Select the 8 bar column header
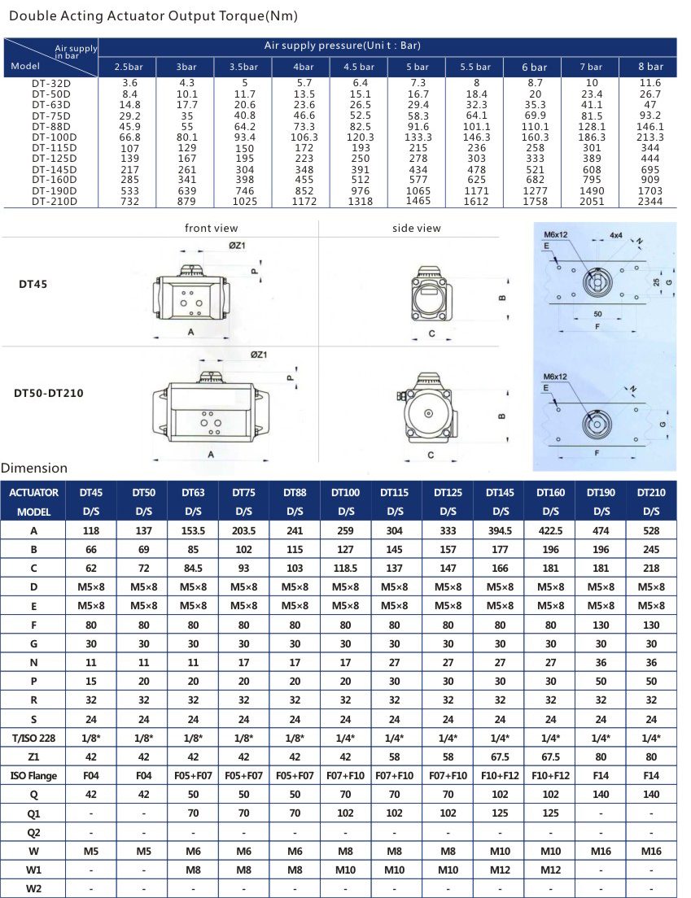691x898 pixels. (x=650, y=67)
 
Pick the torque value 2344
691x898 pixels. (x=650, y=200)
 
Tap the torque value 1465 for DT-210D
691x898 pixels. (x=418, y=200)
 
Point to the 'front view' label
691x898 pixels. (x=212, y=229)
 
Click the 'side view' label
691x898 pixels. (x=416, y=229)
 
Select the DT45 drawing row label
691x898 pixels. (x=34, y=285)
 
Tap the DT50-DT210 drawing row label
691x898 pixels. (x=49, y=393)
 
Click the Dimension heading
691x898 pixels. (x=34, y=469)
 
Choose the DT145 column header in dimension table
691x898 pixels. (x=500, y=492)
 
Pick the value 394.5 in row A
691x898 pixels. (x=500, y=531)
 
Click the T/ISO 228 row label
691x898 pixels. (x=34, y=736)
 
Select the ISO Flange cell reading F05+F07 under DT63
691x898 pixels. (x=193, y=775)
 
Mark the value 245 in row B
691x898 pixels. (x=651, y=550)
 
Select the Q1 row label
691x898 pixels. (x=34, y=813)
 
